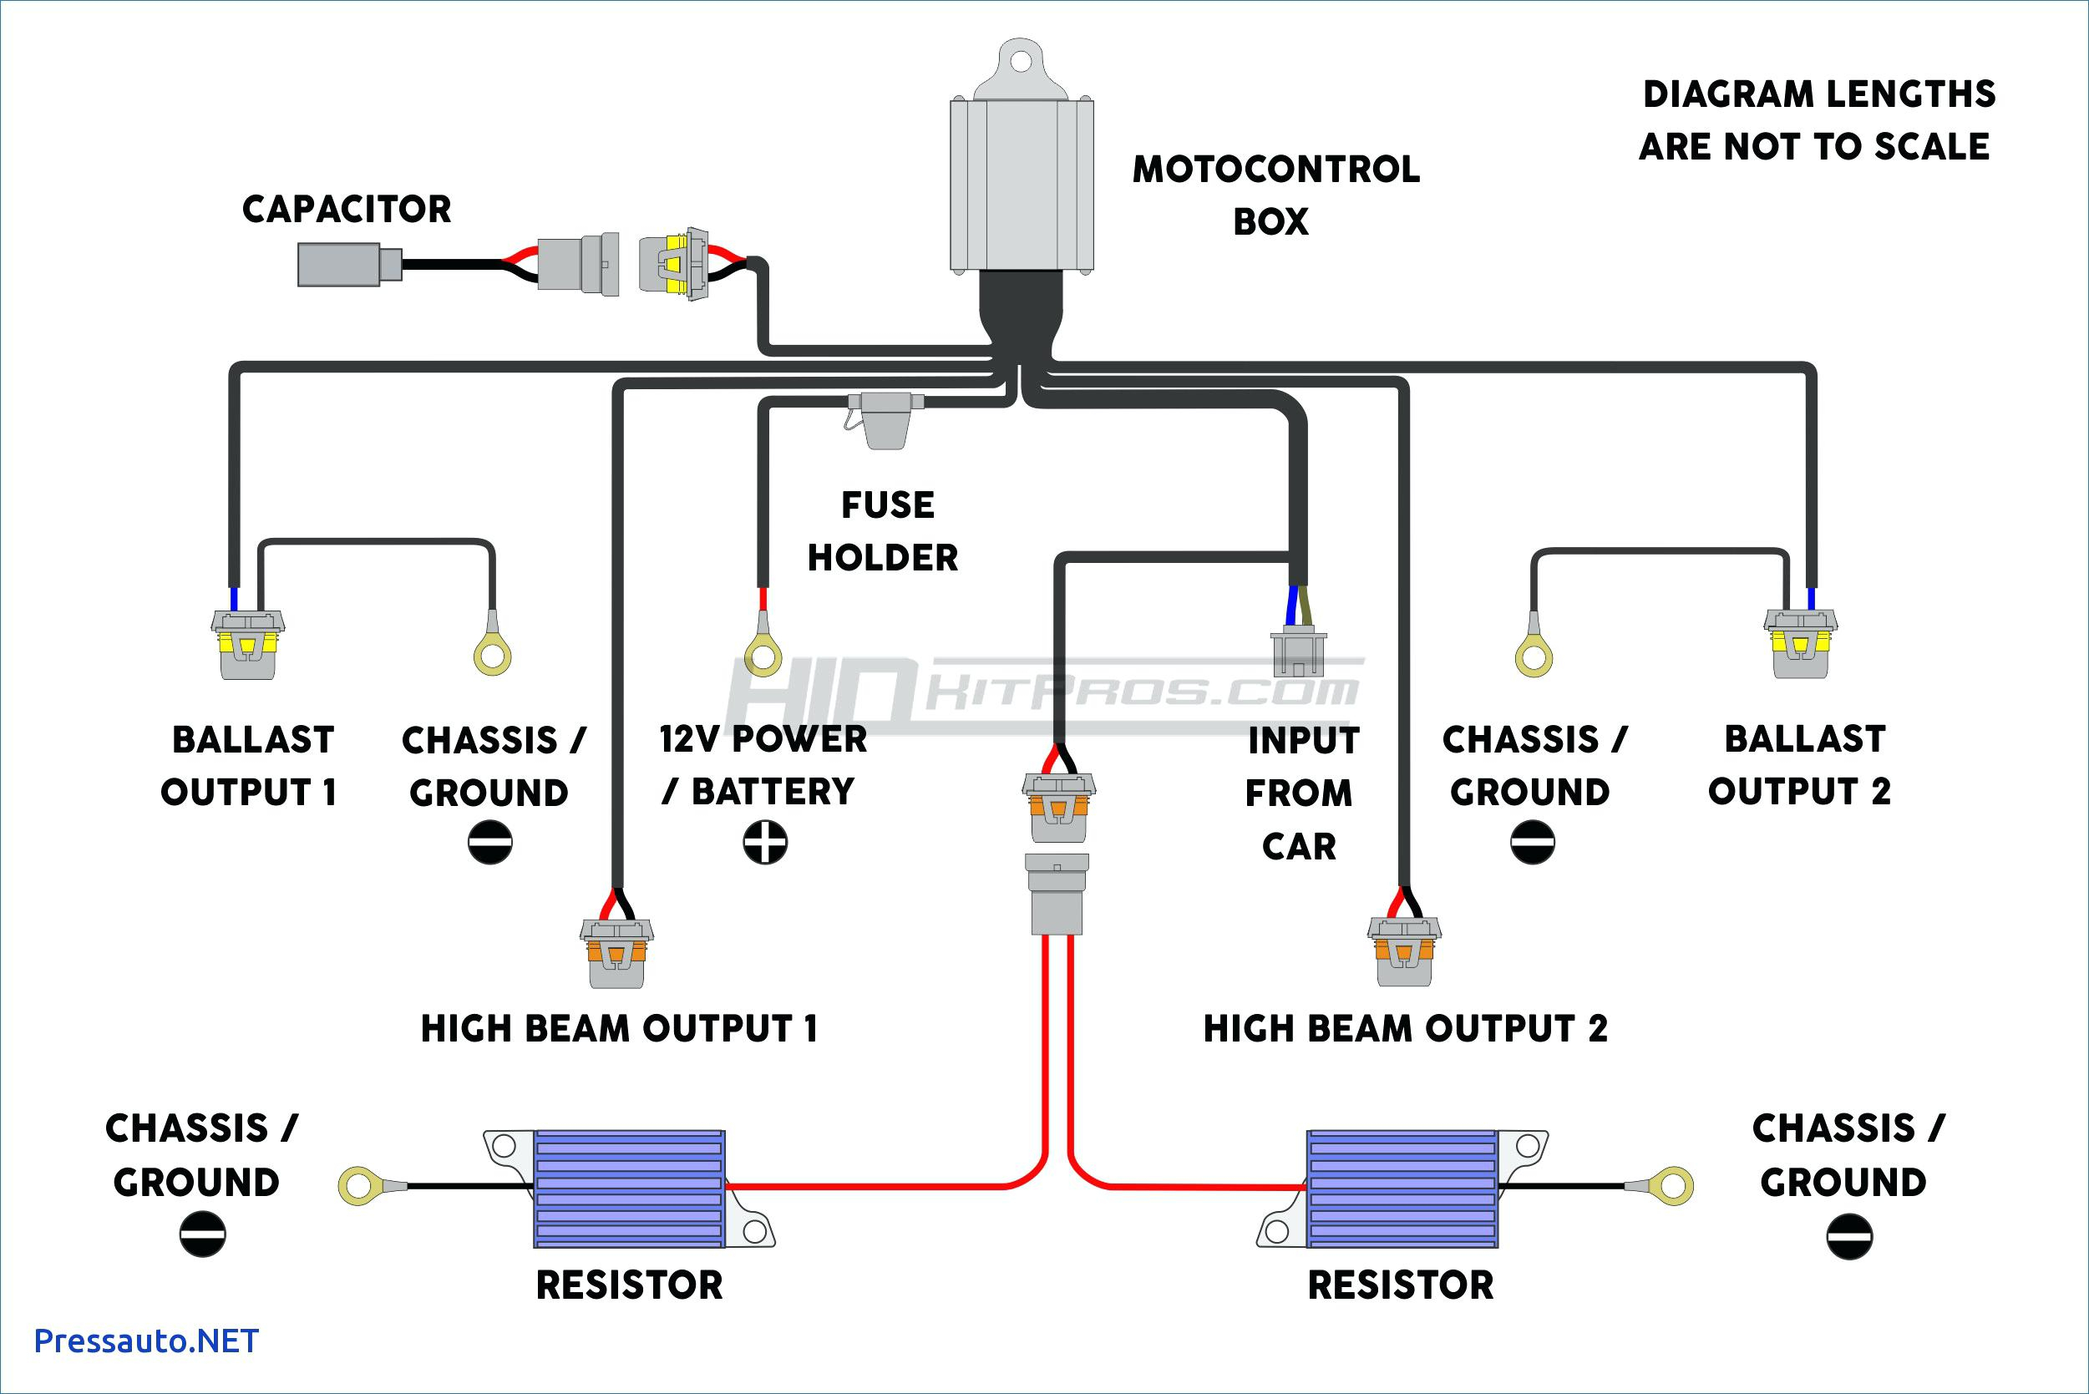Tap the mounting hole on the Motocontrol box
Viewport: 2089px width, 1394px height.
pyautogui.click(x=1022, y=60)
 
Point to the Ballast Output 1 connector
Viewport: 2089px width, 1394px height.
pyautogui.click(x=248, y=646)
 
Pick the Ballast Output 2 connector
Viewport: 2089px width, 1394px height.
pyautogui.click(x=1800, y=644)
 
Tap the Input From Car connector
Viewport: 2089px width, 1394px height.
pyautogui.click(x=1299, y=654)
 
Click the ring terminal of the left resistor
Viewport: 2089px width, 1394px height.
pyautogui.click(x=358, y=1186)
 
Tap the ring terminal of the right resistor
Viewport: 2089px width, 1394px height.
pyautogui.click(x=1673, y=1186)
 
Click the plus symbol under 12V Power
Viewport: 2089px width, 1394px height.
pyautogui.click(x=764, y=842)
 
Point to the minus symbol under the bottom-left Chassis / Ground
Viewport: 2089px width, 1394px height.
pyautogui.click(x=203, y=1234)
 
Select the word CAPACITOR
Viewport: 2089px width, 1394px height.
pyautogui.click(x=347, y=210)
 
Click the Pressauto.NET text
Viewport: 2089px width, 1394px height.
pyautogui.click(x=146, y=1341)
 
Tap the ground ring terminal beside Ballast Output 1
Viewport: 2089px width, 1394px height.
pyautogui.click(x=493, y=657)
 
